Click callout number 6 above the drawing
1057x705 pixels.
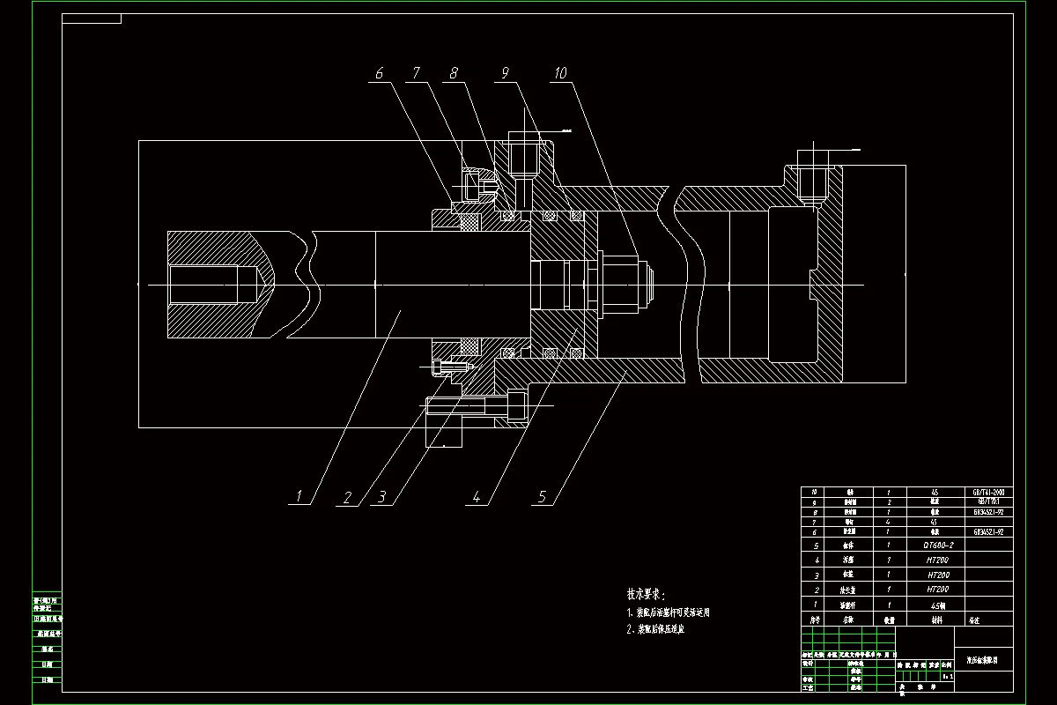click(x=380, y=73)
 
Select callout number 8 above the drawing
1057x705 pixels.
click(x=455, y=73)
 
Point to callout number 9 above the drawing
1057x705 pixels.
click(x=506, y=73)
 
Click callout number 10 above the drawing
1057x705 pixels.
click(x=560, y=73)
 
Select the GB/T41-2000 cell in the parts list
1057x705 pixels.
click(x=986, y=492)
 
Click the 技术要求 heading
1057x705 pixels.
click(x=647, y=594)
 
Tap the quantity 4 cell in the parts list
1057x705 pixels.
click(x=889, y=522)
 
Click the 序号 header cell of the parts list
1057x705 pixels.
click(x=816, y=620)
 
